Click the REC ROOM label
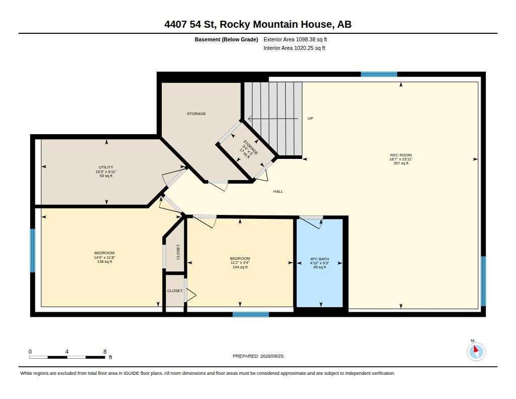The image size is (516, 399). pos(401,155)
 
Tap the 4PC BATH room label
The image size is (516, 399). pos(319,259)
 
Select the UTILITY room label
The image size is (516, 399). pos(106,167)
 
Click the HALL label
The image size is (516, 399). pos(278,191)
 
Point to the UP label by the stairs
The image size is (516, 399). pos(310,118)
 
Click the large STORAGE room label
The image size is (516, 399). pos(197,113)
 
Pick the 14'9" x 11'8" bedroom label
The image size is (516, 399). pos(104,257)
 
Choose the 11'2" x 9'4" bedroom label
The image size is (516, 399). pos(240,263)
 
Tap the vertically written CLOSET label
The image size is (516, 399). pos(178,252)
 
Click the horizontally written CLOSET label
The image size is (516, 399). pos(175,291)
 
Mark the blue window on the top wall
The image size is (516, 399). pos(379,74)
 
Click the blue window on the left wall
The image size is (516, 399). pos(33,251)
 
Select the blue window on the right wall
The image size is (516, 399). pos(483,281)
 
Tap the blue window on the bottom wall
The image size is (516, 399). pos(251,314)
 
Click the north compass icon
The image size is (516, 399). pos(476,351)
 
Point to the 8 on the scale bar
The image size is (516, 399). pos(105,352)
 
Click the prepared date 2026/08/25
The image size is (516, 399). pos(272,356)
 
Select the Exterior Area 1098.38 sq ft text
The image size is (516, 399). pos(295,39)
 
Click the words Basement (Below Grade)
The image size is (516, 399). pos(226,39)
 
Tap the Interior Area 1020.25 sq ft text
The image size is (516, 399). pos(294,48)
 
